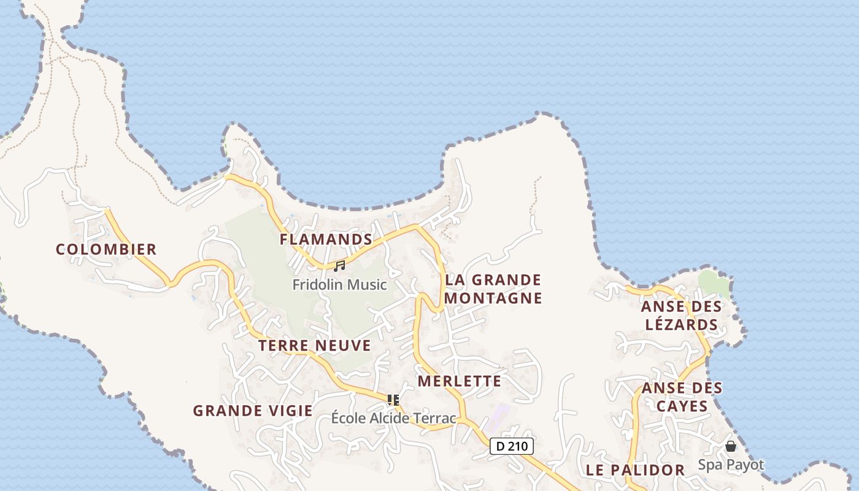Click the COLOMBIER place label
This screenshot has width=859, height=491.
106,249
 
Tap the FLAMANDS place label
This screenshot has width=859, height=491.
326,239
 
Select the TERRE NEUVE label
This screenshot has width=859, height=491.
314,346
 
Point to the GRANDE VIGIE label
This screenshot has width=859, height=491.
253,411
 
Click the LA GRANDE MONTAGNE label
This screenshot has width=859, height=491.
493,289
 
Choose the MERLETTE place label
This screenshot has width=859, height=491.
460,381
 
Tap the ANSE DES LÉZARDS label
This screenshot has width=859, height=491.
681,315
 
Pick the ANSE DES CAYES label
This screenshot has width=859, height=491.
682,397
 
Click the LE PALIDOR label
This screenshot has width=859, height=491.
635,470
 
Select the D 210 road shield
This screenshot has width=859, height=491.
512,446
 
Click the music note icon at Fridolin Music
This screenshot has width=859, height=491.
339,266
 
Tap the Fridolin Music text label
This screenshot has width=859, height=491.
339,285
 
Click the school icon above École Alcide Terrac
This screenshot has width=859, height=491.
393,400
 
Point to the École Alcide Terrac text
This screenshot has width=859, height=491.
393,419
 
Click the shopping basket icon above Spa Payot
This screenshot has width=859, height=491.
731,446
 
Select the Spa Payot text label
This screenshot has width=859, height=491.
731,465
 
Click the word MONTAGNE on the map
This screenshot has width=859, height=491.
493,298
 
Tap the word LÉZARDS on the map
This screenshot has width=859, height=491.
681,325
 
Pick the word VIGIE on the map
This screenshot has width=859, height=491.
287,411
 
